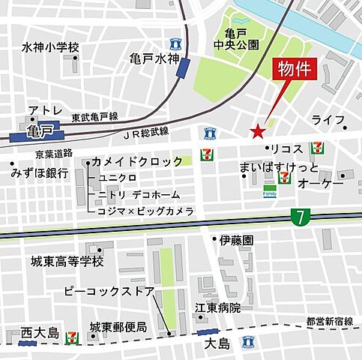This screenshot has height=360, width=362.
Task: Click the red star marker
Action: point(257,131)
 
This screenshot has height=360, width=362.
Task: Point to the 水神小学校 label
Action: point(50,48)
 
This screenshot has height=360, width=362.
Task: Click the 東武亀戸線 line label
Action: point(95,117)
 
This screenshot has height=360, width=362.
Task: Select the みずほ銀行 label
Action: point(40,172)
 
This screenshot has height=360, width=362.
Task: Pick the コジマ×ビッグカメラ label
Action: point(145,211)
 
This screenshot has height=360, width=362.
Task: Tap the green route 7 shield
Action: point(299,217)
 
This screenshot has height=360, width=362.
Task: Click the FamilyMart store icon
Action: point(269,193)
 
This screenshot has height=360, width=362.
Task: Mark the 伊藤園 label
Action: point(237,241)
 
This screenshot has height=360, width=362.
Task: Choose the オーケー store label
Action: point(321,184)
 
